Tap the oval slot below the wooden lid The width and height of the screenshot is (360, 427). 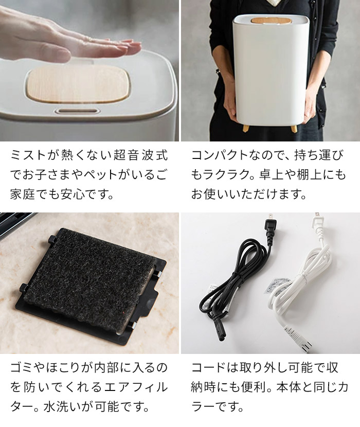click(x=78, y=111)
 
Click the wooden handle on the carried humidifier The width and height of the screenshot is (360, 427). click(x=271, y=21)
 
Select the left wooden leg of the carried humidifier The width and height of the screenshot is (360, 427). click(x=246, y=128)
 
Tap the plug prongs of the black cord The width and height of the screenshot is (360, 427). click(x=270, y=217)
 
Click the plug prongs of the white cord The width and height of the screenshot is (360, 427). click(x=317, y=216)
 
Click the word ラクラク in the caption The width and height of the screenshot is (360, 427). click(x=227, y=174)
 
